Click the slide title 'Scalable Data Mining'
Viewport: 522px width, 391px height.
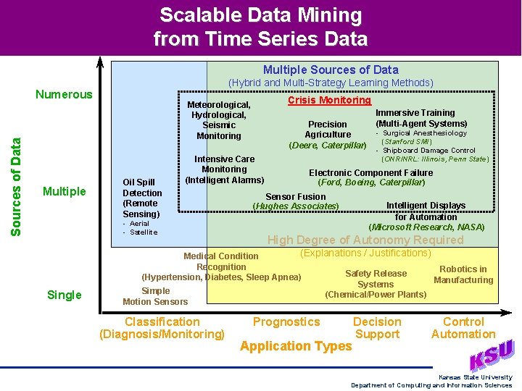[260, 15]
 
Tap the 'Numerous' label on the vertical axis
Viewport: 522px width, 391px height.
[65, 94]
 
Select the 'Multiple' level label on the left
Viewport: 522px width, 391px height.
[65, 191]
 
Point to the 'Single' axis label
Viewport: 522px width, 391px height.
[65, 295]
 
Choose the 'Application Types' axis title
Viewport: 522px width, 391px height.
[295, 346]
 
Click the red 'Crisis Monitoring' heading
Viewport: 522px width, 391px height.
[329, 101]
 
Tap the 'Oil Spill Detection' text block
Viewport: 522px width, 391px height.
[142, 198]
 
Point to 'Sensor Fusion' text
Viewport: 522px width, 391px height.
[295, 196]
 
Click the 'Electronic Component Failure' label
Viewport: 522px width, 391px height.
[370, 173]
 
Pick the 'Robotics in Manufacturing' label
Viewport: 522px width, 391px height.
[463, 274]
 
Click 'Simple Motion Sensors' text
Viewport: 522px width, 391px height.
[155, 296]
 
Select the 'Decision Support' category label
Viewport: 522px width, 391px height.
[377, 328]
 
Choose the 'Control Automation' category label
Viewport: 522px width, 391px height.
[463, 328]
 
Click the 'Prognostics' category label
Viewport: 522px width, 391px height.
[286, 321]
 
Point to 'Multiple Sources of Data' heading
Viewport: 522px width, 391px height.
[331, 70]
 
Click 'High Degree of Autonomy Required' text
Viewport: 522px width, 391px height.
[365, 240]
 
